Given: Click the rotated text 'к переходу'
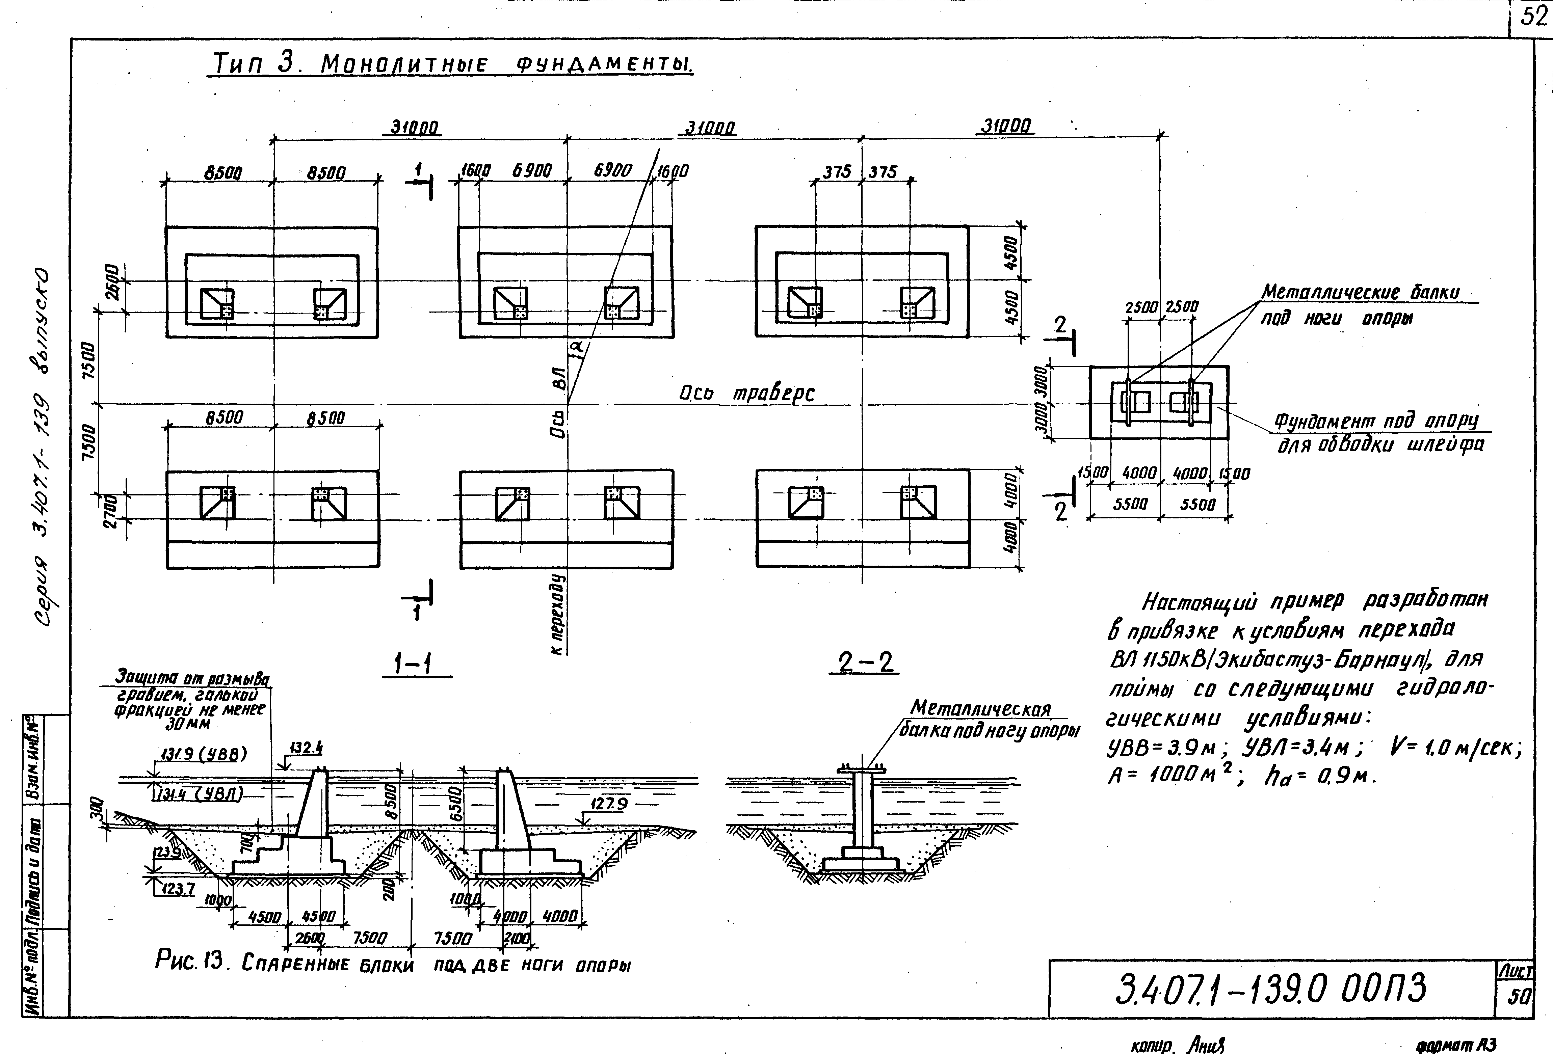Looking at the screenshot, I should (559, 613).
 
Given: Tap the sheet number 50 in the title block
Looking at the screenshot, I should (1519, 997).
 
